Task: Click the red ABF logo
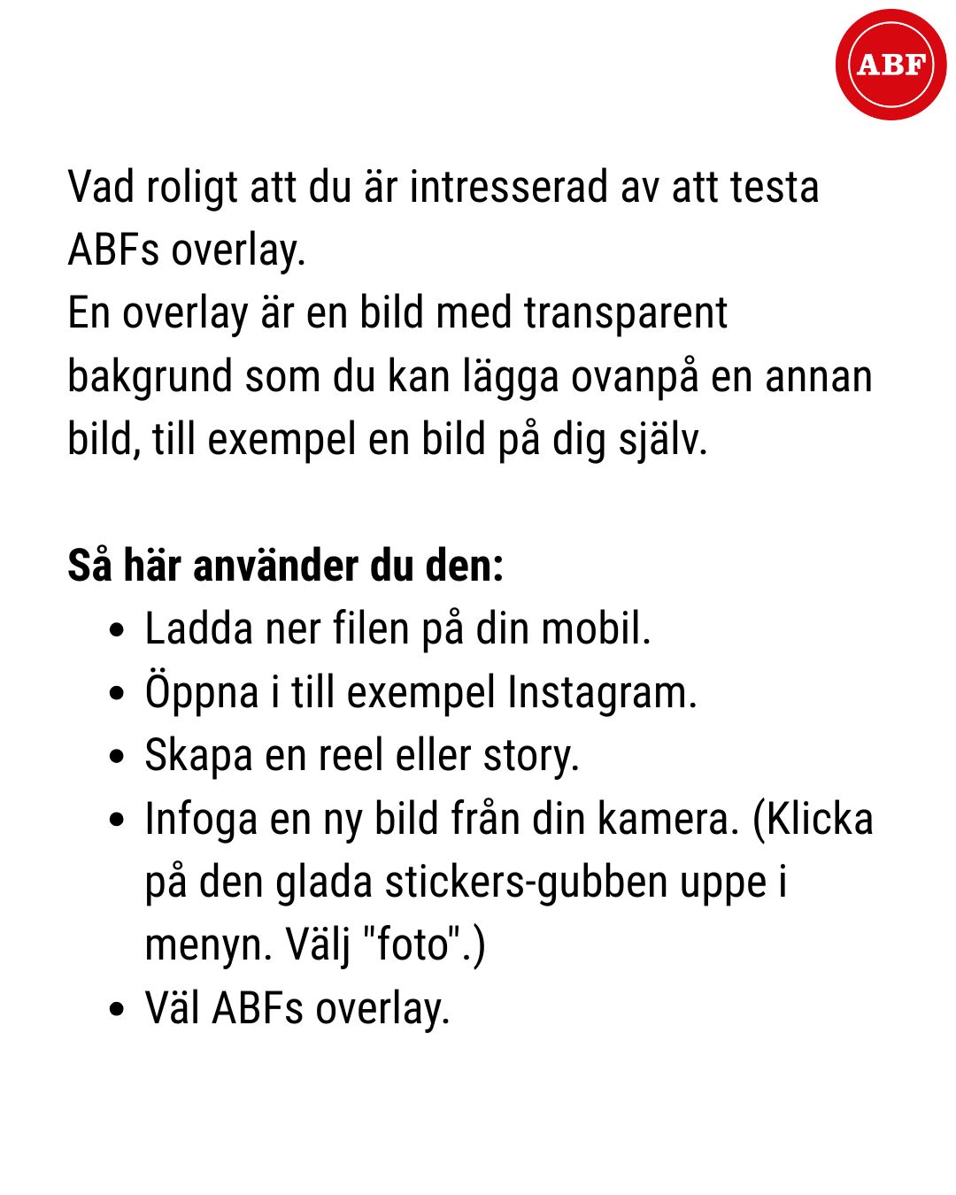pos(890,65)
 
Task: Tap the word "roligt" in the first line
pos(192,189)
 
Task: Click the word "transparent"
pos(625,313)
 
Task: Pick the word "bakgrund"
pos(150,377)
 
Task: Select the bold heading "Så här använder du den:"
pos(286,566)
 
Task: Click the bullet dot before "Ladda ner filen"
pos(117,631)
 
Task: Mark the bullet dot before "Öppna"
pos(117,694)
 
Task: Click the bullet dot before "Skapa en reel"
pos(117,758)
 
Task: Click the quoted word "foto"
pos(412,944)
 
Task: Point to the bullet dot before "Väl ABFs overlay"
pos(117,1010)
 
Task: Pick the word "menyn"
pos(208,945)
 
